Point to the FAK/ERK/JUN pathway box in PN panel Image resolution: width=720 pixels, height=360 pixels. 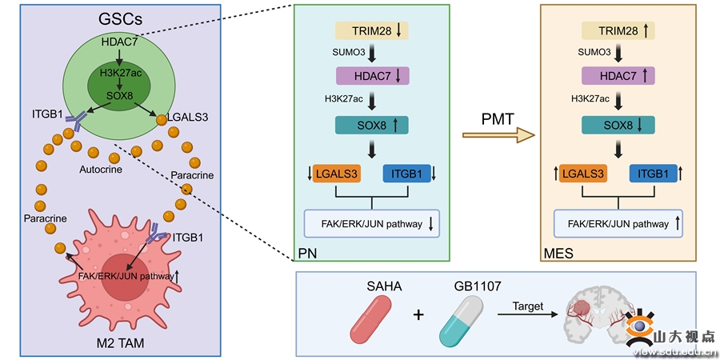371,224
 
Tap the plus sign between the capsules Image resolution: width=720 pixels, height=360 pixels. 418,314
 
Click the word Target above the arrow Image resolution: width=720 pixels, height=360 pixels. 526,305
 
